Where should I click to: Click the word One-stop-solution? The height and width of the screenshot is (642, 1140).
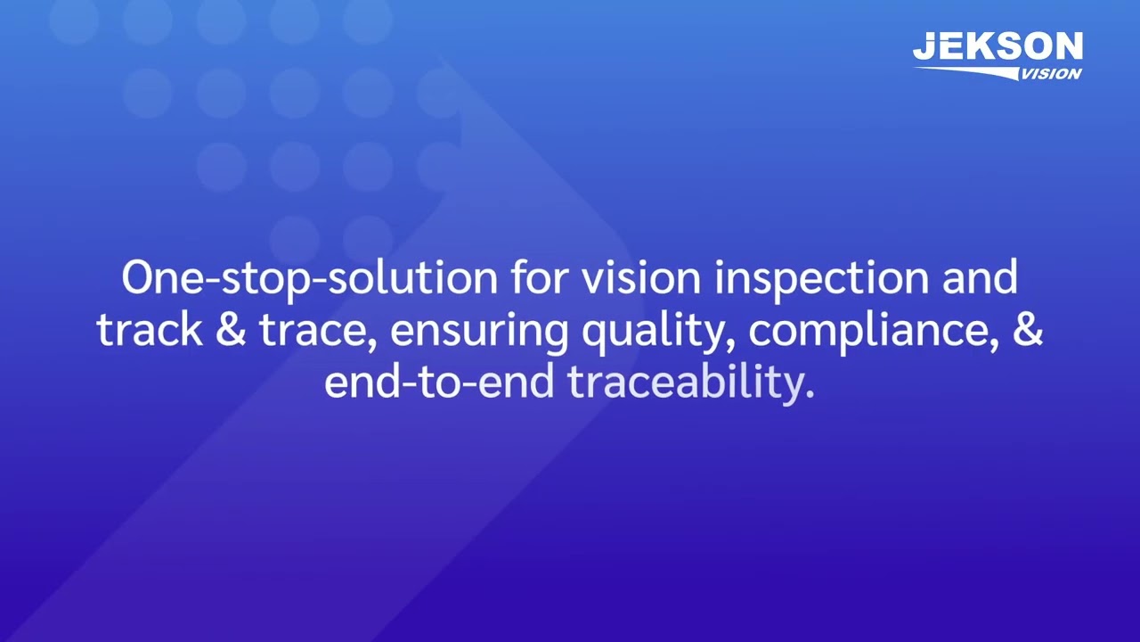coord(308,279)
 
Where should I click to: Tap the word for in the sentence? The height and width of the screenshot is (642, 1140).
coord(539,278)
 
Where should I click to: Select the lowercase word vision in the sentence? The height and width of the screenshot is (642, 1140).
coord(641,278)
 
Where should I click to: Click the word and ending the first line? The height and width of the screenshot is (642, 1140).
coord(980,278)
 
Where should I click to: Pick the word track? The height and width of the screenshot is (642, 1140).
coord(149,331)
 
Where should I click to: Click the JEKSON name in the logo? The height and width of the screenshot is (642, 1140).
coord(997,47)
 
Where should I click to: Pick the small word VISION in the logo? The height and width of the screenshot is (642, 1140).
coord(1051,74)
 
